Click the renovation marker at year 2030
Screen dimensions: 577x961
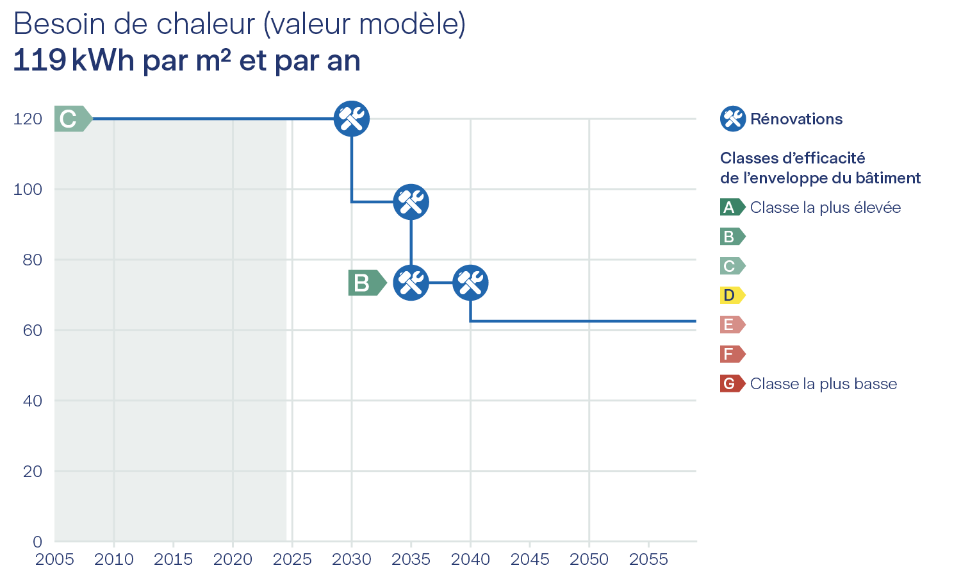(352, 119)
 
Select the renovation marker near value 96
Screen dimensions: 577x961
(411, 202)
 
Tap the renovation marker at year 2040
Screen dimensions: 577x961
(470, 283)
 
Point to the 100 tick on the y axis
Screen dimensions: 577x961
(28, 189)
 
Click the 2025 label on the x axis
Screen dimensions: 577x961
(292, 560)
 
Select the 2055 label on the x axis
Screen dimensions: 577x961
(648, 560)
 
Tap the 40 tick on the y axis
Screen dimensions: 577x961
(32, 401)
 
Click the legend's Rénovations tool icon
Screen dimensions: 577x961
(732, 119)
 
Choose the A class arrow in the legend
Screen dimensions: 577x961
(732, 207)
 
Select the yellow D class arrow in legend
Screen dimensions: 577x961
(732, 296)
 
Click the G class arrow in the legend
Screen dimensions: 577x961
(732, 384)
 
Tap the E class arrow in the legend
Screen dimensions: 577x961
(732, 325)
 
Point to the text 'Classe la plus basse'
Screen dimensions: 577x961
(823, 384)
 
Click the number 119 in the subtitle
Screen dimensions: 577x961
(40, 61)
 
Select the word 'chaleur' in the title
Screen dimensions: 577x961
(206, 24)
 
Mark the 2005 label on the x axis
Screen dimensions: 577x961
(54, 560)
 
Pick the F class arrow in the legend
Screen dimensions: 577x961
(732, 355)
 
